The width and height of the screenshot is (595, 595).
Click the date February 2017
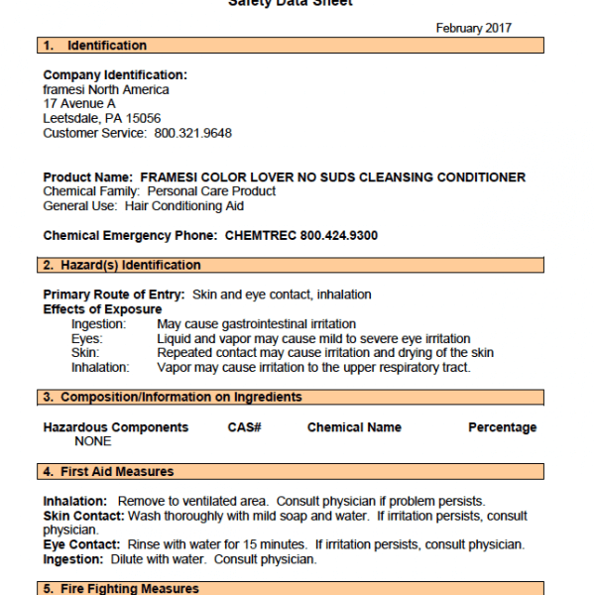pyautogui.click(x=473, y=28)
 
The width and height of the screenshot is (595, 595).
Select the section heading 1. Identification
pyautogui.click(x=94, y=46)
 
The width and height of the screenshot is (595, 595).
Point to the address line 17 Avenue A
pyautogui.click(x=79, y=104)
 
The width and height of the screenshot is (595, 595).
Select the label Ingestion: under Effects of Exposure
pyautogui.click(x=98, y=324)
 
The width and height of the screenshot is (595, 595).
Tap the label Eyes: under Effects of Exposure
pyautogui.click(x=87, y=339)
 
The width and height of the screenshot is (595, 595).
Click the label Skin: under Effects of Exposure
pyautogui.click(x=85, y=353)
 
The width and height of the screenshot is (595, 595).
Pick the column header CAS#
pyautogui.click(x=244, y=427)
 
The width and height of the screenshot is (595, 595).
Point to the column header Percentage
pyautogui.click(x=502, y=427)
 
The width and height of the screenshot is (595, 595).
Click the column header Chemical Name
pyautogui.click(x=354, y=427)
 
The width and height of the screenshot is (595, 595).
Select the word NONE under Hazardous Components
pyautogui.click(x=93, y=442)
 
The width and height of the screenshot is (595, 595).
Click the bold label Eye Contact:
pyautogui.click(x=80, y=545)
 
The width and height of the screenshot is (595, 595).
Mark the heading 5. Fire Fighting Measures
pyautogui.click(x=119, y=589)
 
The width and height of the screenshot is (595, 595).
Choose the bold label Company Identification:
pyautogui.click(x=115, y=75)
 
